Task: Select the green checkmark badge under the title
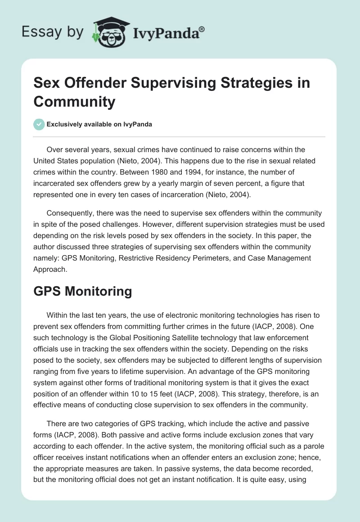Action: [x=39, y=124]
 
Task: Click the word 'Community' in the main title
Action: [x=75, y=102]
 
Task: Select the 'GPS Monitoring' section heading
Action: [x=82, y=291]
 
